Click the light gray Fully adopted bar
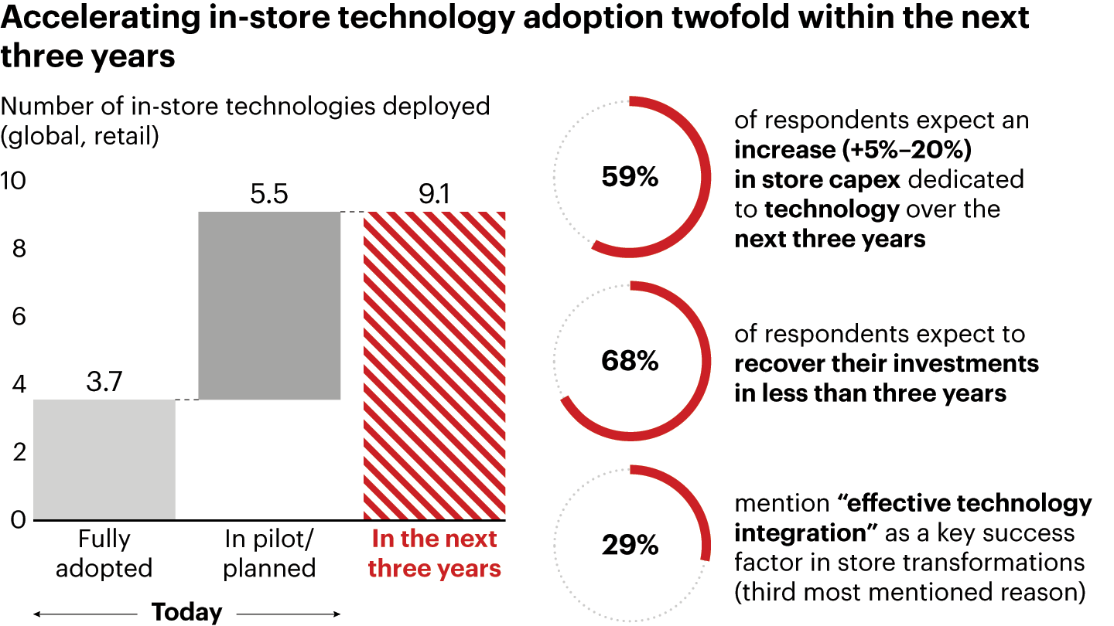click(x=104, y=459)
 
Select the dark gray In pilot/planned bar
click(x=269, y=305)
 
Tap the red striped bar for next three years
click(x=434, y=366)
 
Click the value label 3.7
click(x=104, y=382)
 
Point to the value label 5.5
click(x=268, y=194)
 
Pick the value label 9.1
click(x=434, y=194)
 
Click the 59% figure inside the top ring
click(x=630, y=178)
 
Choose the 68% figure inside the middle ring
click(x=630, y=361)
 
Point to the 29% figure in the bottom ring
click(x=630, y=546)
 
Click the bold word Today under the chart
click(x=186, y=612)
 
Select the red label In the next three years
click(x=434, y=554)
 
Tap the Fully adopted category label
click(x=104, y=554)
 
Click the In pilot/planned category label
click(x=268, y=554)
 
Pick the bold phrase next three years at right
click(x=829, y=239)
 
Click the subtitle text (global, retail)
click(x=80, y=136)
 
